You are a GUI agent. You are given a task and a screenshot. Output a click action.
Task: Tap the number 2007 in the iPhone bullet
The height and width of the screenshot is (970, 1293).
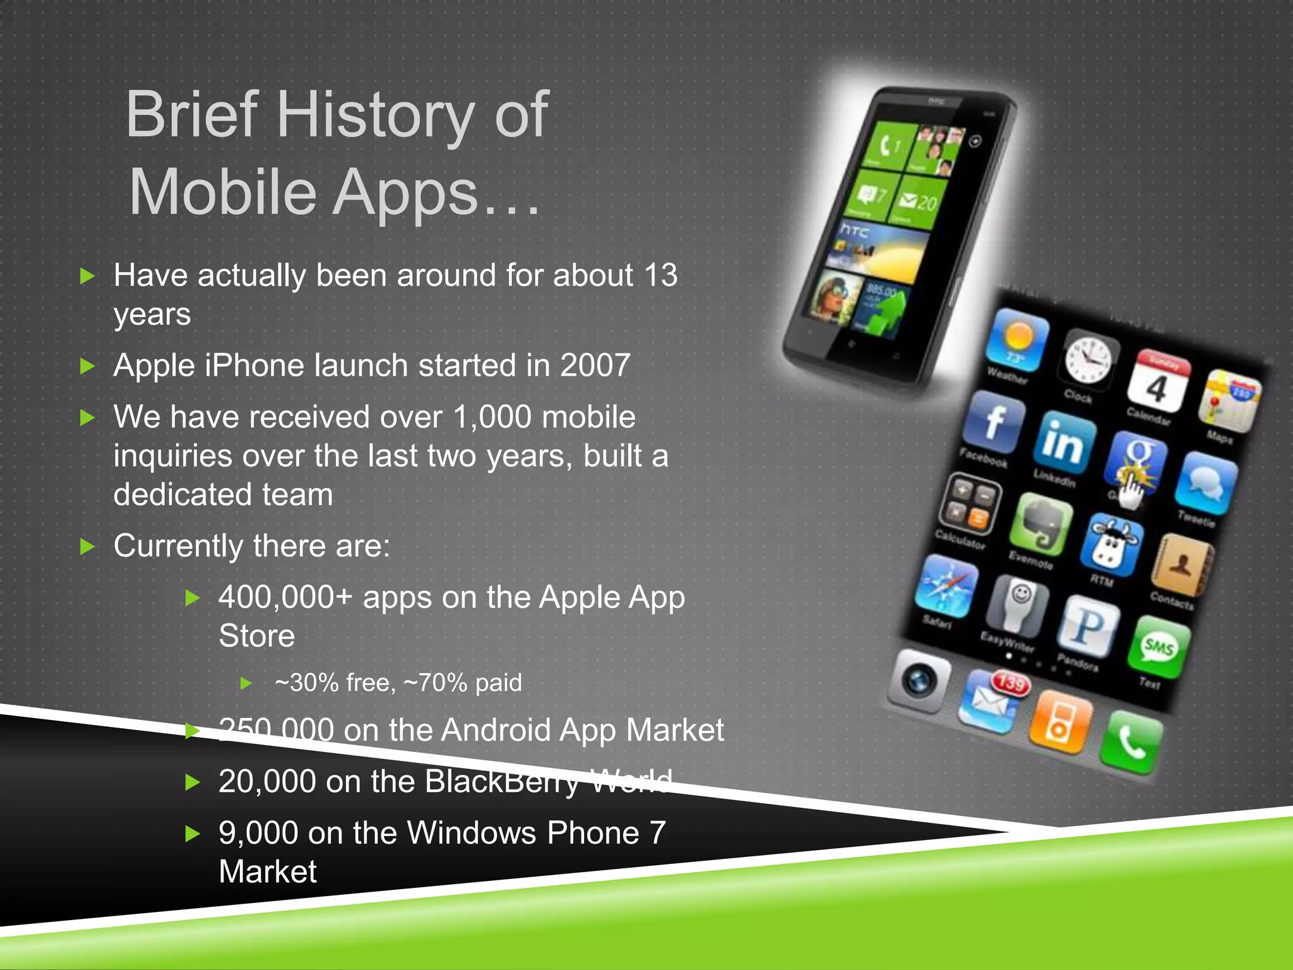click(x=595, y=366)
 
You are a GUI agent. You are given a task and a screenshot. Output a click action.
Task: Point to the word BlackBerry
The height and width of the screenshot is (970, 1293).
click(x=502, y=782)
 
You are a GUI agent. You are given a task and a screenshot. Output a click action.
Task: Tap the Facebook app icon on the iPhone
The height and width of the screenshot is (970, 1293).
click(x=994, y=421)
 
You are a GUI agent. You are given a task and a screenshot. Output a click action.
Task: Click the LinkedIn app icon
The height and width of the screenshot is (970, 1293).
click(x=1064, y=442)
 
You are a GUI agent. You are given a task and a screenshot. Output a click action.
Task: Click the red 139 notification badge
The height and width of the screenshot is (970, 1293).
click(x=1011, y=683)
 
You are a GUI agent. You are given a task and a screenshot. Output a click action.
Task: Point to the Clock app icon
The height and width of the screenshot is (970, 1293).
click(x=1088, y=359)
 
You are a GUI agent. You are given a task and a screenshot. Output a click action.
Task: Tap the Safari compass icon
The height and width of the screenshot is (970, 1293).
click(x=946, y=585)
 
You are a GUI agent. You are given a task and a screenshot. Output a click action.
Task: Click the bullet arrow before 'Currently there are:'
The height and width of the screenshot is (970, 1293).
click(x=88, y=546)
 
